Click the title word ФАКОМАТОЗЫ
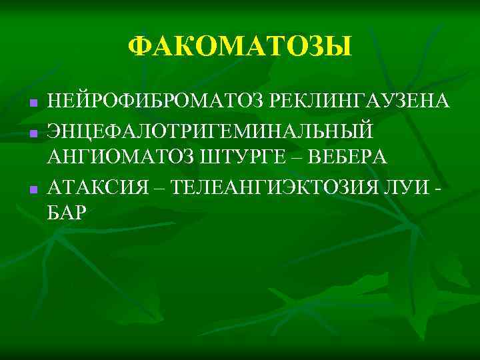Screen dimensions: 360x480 pyautogui.click(x=239, y=47)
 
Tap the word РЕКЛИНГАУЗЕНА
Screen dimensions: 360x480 pyautogui.click(x=359, y=101)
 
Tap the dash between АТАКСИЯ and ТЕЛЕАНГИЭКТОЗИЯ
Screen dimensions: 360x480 pyautogui.click(x=159, y=185)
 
